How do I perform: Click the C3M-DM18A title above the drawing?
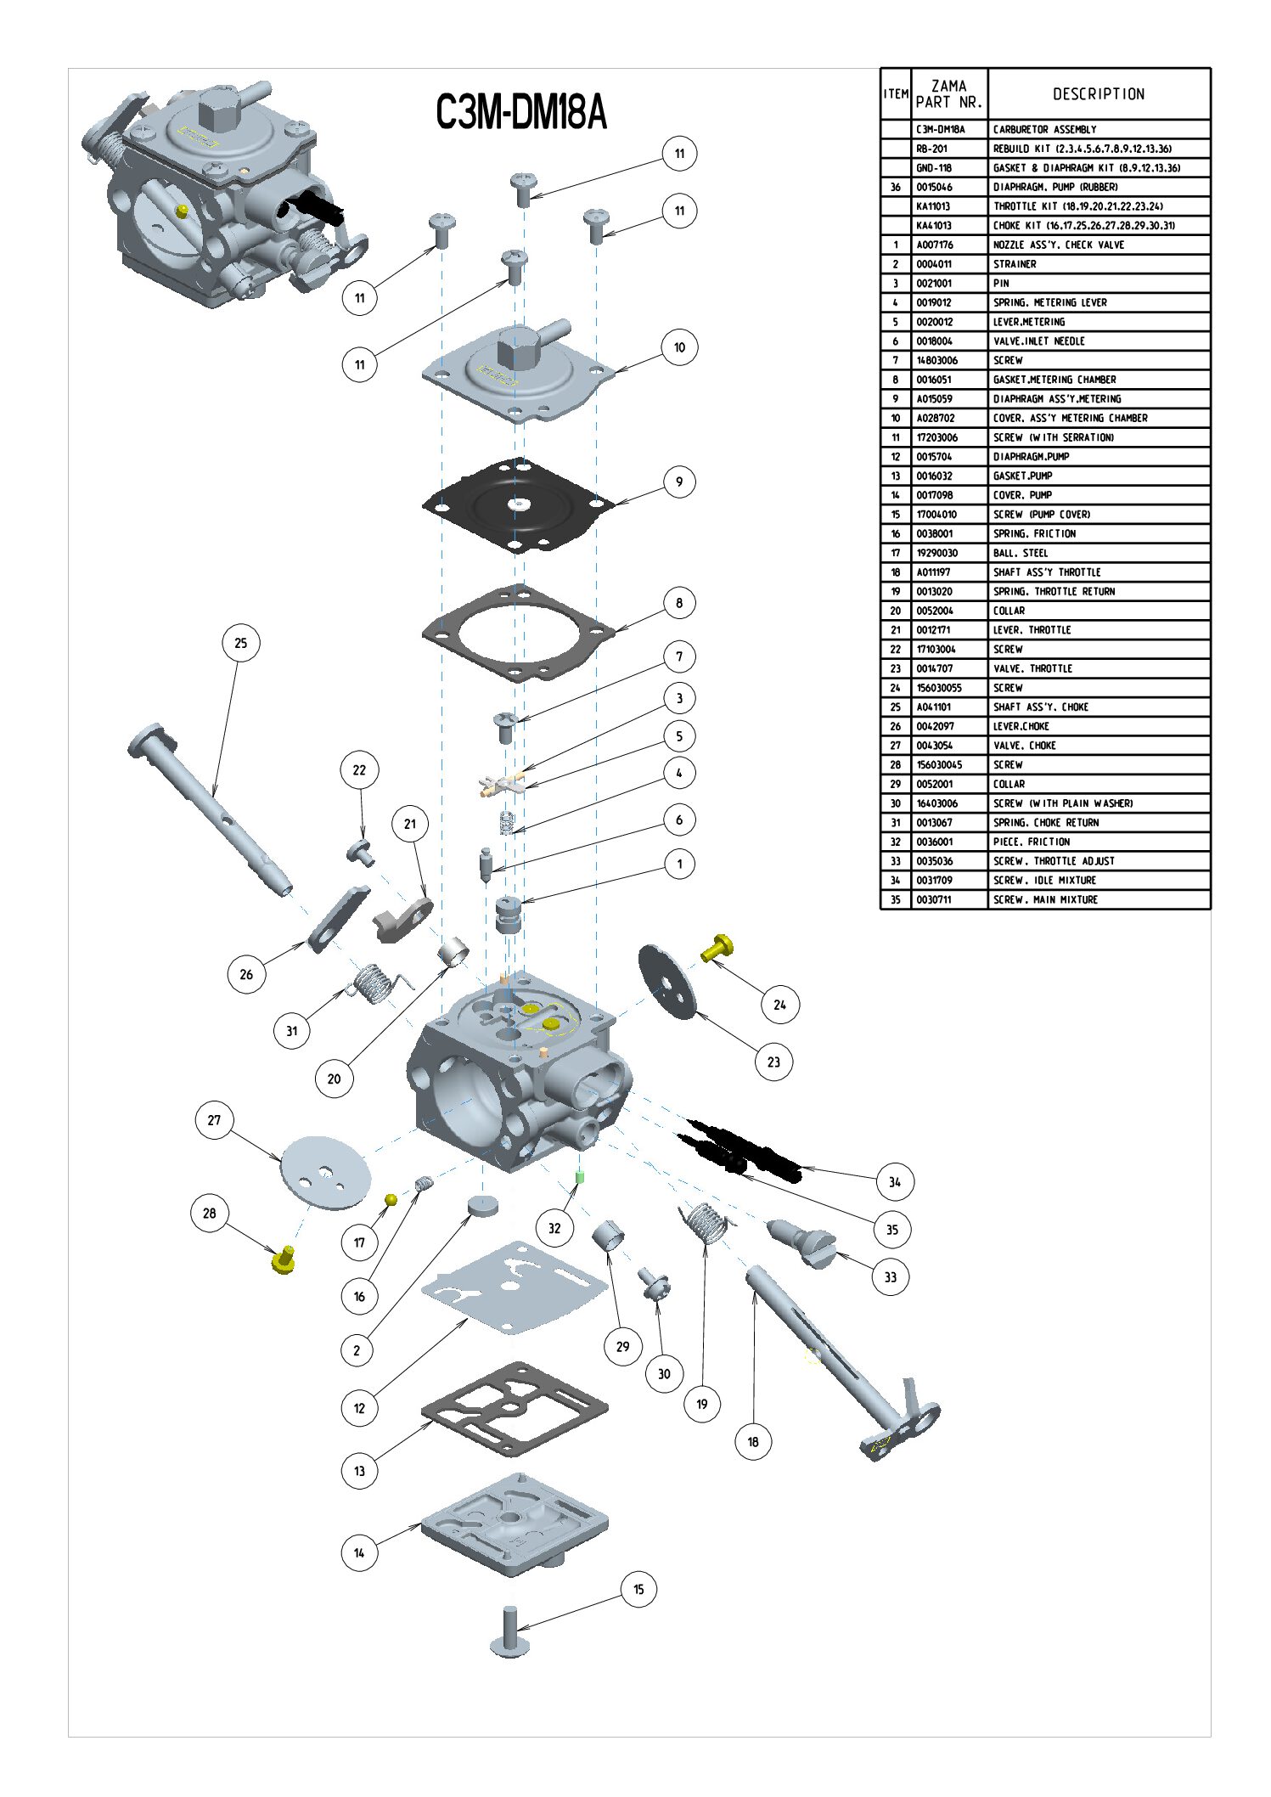(x=520, y=112)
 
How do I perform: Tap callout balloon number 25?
(x=240, y=643)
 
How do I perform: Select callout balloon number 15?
(x=638, y=1589)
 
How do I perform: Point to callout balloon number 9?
(x=678, y=482)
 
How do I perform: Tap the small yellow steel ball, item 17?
(x=391, y=1199)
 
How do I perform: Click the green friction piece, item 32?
(x=581, y=1177)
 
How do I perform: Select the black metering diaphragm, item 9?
(x=518, y=505)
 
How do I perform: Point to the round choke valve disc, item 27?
(x=326, y=1172)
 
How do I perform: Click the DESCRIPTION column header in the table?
(x=1099, y=94)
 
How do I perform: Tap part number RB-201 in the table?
(x=931, y=149)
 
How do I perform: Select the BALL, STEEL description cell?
(x=1021, y=553)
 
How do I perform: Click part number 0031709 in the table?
(x=934, y=881)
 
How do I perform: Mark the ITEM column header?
(x=896, y=94)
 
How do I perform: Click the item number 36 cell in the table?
(x=896, y=187)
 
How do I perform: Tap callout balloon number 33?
(x=890, y=1276)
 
